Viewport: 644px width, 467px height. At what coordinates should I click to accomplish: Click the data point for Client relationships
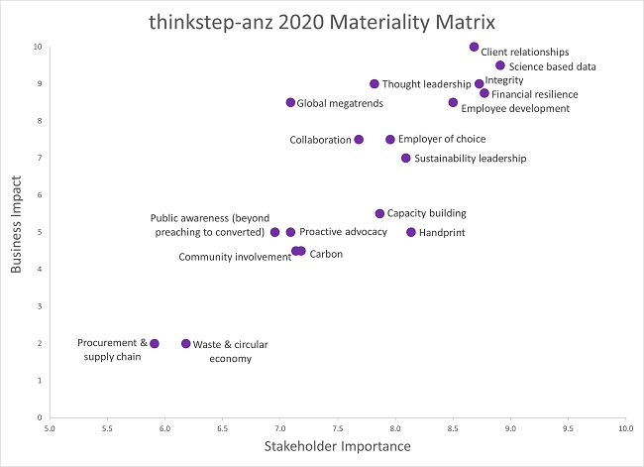(474, 47)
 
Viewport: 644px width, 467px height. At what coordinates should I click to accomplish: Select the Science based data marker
(500, 65)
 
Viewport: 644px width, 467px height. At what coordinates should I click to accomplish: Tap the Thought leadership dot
(375, 84)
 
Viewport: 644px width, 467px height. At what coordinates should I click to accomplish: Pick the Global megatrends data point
(290, 102)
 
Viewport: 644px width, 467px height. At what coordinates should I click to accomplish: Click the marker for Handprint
(411, 232)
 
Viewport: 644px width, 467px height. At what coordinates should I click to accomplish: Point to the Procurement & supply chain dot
(155, 343)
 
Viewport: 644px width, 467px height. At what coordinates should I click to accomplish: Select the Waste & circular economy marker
(186, 343)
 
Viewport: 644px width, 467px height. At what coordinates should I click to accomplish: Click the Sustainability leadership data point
(405, 158)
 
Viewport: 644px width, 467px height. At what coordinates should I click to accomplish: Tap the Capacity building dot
(379, 213)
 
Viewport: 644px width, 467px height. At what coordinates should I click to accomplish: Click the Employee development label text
(515, 108)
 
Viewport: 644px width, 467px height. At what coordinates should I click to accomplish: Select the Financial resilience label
(535, 94)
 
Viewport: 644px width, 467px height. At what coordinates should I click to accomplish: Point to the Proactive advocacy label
(343, 232)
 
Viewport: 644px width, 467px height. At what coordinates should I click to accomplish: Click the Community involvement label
(235, 257)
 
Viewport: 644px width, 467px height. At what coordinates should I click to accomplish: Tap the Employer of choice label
(442, 140)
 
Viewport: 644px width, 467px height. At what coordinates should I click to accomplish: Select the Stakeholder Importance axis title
(337, 447)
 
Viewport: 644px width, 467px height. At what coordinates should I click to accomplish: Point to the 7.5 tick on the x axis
(338, 428)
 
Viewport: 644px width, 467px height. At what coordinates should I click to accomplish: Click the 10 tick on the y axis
(37, 47)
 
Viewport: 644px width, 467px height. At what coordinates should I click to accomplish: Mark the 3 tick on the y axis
(39, 306)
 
